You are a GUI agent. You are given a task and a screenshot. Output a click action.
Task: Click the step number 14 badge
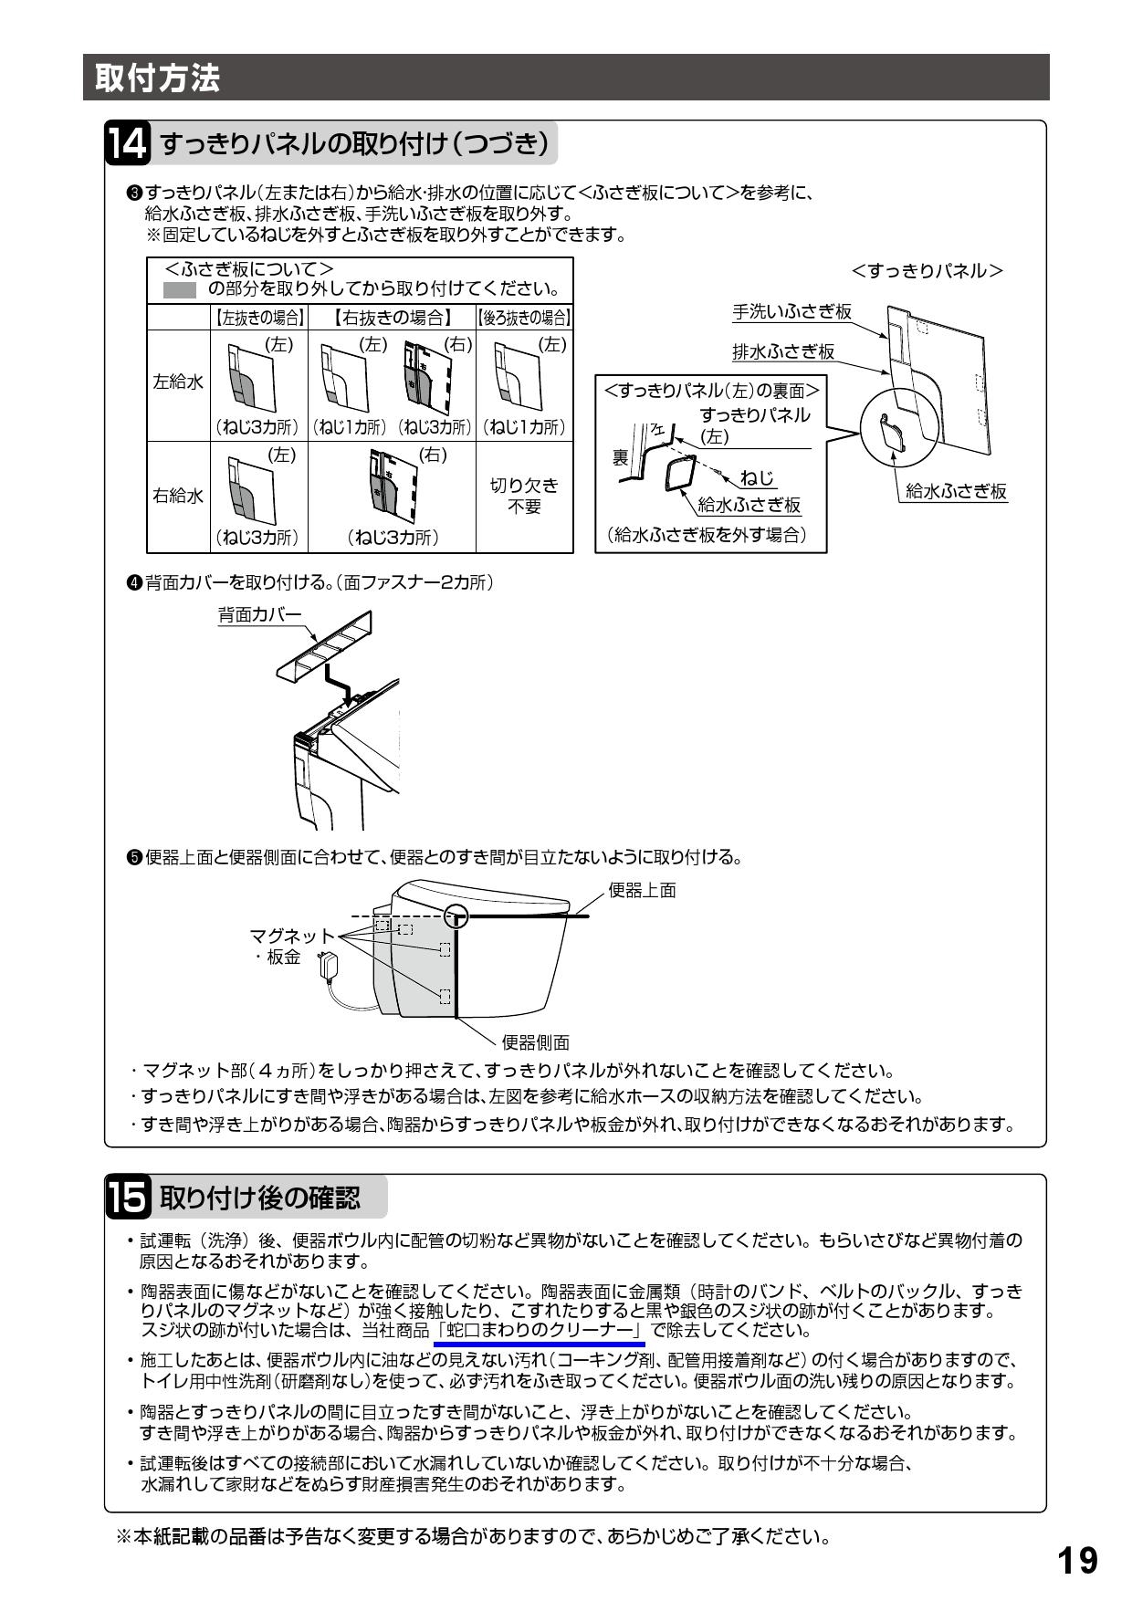127,144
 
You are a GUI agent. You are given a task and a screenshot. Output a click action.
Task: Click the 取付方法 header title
152,78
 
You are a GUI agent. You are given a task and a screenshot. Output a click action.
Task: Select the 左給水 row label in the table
178,382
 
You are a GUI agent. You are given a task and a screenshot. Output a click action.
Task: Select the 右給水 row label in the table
178,497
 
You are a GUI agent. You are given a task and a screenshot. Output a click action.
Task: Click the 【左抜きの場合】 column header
259,319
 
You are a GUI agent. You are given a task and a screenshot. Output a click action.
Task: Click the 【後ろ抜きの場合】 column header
524,319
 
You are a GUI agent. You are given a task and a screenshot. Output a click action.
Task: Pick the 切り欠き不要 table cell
524,496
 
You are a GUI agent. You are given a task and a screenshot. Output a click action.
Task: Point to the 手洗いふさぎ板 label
791,311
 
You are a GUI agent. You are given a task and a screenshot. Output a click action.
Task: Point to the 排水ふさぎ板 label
783,351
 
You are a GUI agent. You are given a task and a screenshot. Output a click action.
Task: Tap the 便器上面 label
643,890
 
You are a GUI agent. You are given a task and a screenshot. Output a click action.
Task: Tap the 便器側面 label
536,1042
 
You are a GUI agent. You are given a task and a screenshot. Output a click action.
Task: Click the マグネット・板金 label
290,946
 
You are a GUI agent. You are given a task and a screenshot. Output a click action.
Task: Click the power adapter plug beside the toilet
328,965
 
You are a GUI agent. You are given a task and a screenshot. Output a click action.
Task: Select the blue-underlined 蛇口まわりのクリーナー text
540,1330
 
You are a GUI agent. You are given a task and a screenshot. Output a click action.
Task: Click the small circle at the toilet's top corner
456,916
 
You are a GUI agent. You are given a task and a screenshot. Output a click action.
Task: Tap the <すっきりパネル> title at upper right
927,271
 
